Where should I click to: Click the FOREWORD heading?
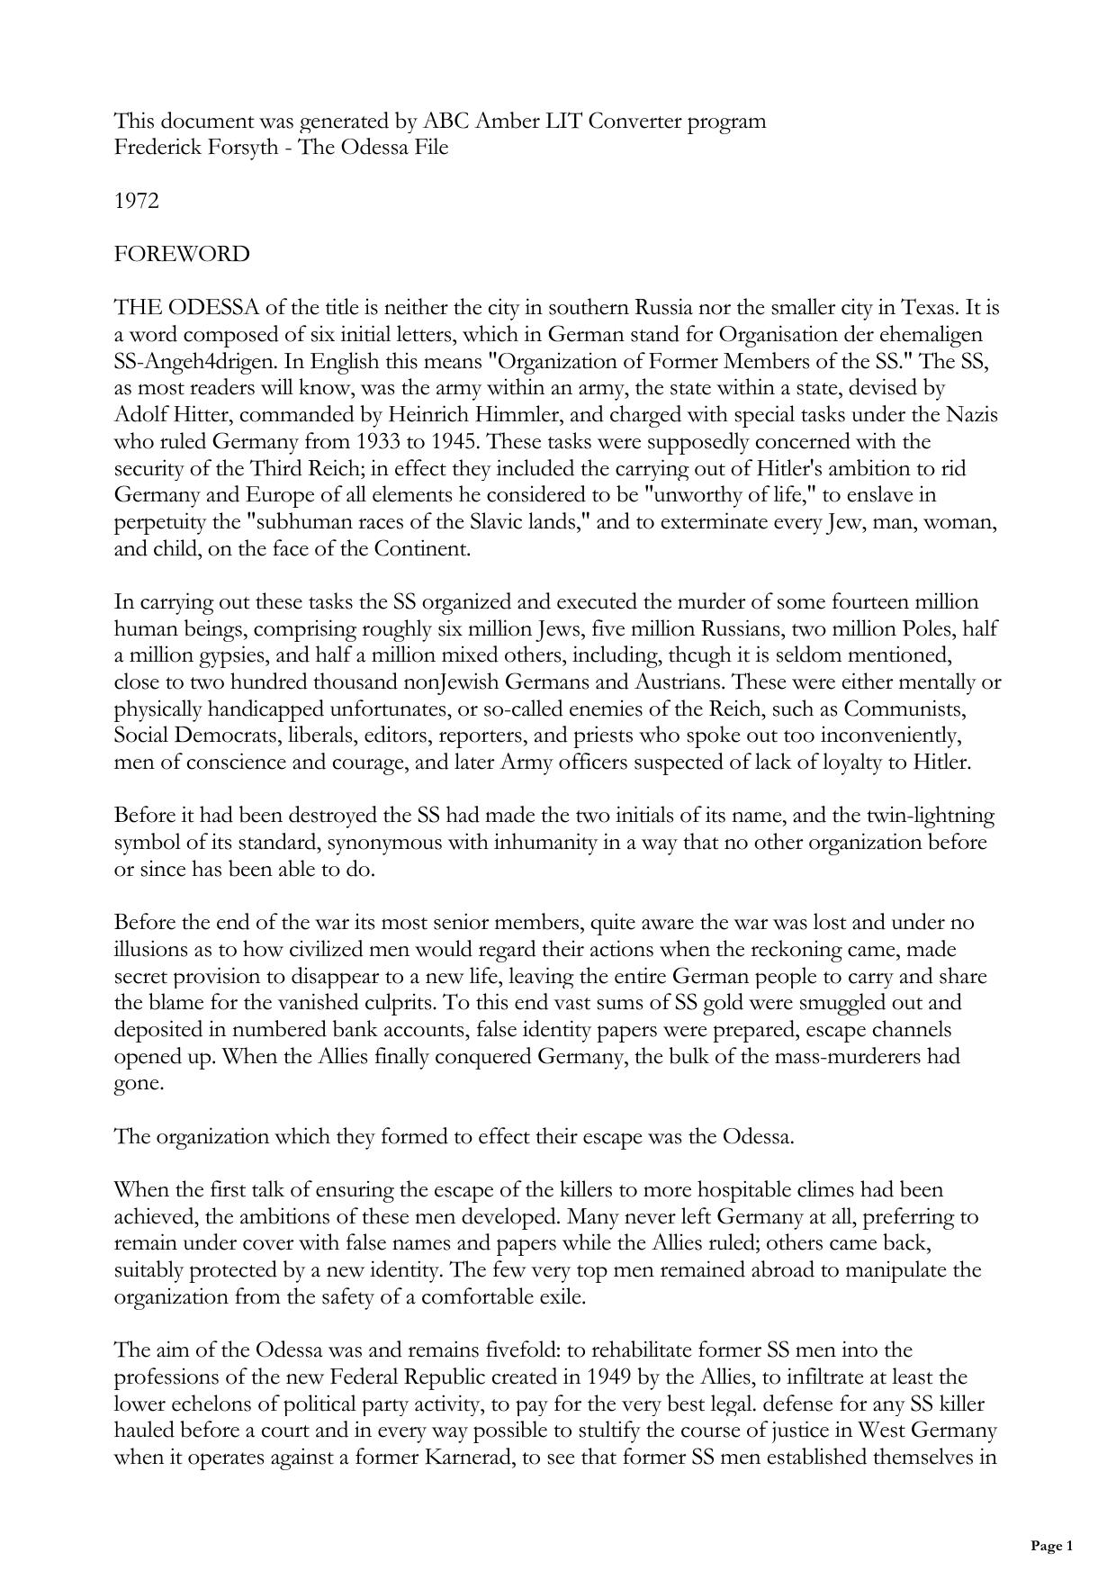coord(182,255)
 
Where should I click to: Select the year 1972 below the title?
coord(137,201)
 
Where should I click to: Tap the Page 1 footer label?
coord(1051,1546)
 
